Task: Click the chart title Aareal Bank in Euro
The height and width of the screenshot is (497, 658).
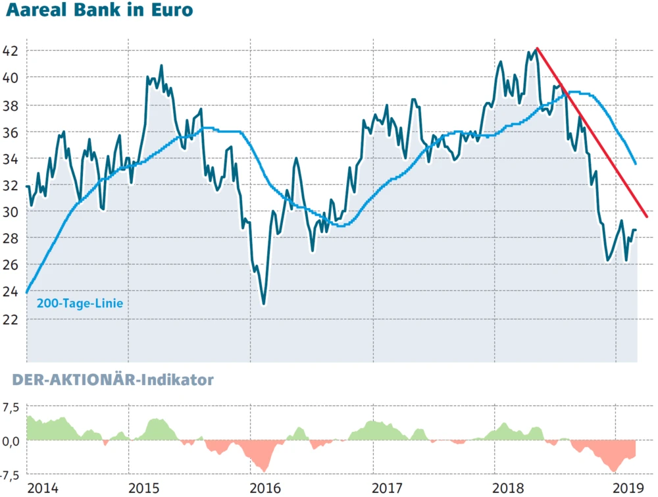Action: click(x=97, y=11)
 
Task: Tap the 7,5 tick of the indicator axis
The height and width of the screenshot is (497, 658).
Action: click(x=10, y=407)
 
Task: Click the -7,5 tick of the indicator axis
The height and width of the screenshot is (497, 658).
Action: click(x=10, y=474)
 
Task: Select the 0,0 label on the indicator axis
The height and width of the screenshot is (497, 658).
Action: click(x=10, y=440)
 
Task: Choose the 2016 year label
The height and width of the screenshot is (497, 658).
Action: click(x=266, y=488)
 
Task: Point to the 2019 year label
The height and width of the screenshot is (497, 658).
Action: click(x=628, y=488)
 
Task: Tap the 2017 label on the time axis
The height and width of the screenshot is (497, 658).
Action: click(x=388, y=488)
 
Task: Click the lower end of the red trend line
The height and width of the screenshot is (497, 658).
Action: click(x=647, y=217)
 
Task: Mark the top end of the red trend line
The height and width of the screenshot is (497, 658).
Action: click(x=538, y=48)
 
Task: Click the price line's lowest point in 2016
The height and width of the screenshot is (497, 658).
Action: click(x=264, y=304)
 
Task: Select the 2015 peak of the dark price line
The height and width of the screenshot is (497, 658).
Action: click(x=161, y=65)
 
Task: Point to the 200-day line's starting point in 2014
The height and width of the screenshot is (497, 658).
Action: click(x=27, y=292)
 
